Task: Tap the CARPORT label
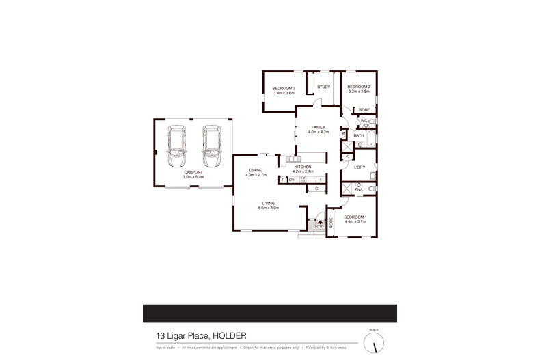tap(193, 174)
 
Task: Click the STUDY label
tap(323, 87)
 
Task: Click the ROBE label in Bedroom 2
tap(364, 109)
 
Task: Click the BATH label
tap(358, 135)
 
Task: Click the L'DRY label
tap(359, 167)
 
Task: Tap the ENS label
tap(358, 189)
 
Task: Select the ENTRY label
tap(319, 226)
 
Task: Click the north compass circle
tap(374, 342)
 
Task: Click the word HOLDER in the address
tap(228, 335)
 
